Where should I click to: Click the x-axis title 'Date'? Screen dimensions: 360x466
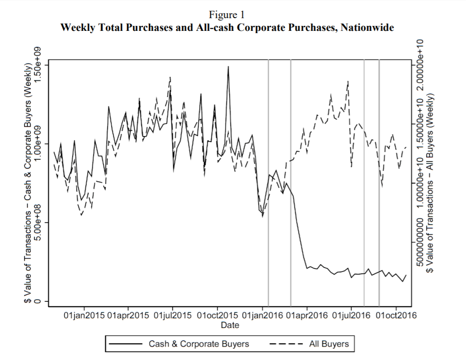coord(230,325)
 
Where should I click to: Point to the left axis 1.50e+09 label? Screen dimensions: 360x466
coord(39,64)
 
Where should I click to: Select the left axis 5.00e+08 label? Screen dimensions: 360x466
coord(39,222)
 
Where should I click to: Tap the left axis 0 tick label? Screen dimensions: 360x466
coord(39,301)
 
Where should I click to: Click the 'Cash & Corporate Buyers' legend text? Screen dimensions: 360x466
coord(199,344)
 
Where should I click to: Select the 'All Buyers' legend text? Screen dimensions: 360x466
coord(329,344)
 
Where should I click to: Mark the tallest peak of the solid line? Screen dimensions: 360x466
coord(228,66)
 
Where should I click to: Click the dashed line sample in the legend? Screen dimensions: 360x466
coord(286,344)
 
